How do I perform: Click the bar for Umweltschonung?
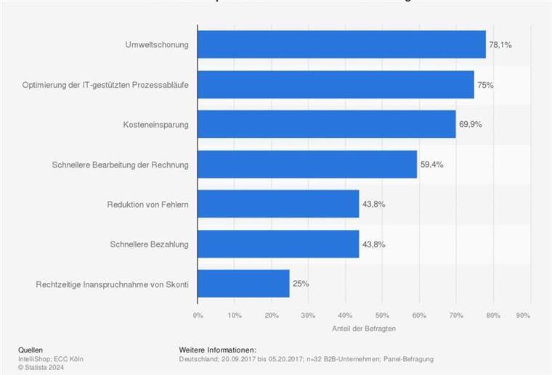pos(341,44)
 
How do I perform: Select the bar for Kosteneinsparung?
pos(326,124)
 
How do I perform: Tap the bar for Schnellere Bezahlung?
pos(278,244)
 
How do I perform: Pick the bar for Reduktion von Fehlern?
pos(278,204)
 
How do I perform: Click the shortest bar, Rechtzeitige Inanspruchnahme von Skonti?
pos(243,284)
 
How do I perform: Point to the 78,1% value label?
pos(500,44)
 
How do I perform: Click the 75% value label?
pos(485,84)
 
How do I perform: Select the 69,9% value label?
pos(470,124)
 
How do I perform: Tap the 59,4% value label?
pos(431,164)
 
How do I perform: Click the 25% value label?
pos(301,284)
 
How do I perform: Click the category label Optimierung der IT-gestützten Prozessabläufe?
pos(105,85)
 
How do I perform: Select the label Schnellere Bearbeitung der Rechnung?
pos(120,165)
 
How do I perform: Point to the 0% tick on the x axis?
pos(198,316)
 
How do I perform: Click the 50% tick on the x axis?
pos(382,316)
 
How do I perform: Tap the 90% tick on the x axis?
pos(523,316)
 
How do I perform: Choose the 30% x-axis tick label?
pos(308,316)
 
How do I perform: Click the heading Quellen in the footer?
pos(31,350)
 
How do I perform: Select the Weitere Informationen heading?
pos(217,350)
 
